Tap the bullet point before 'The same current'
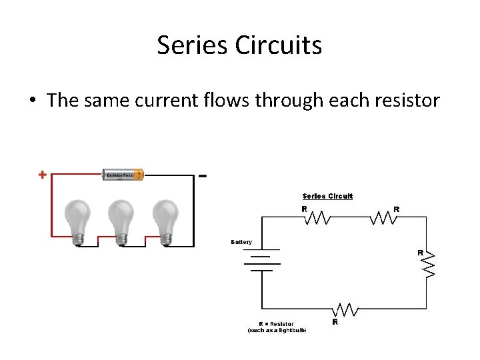pyautogui.click(x=32, y=101)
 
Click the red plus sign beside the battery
pyautogui.click(x=42, y=175)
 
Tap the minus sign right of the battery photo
pyautogui.click(x=203, y=176)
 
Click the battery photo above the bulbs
pyautogui.click(x=122, y=175)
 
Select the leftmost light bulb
pyautogui.click(x=77, y=220)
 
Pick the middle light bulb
pyautogui.click(x=122, y=220)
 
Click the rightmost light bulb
pyautogui.click(x=165, y=220)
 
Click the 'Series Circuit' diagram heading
pyautogui.click(x=327, y=196)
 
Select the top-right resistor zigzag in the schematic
pyautogui.click(x=383, y=217)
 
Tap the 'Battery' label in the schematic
pyautogui.click(x=241, y=241)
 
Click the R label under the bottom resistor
pyautogui.click(x=335, y=321)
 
